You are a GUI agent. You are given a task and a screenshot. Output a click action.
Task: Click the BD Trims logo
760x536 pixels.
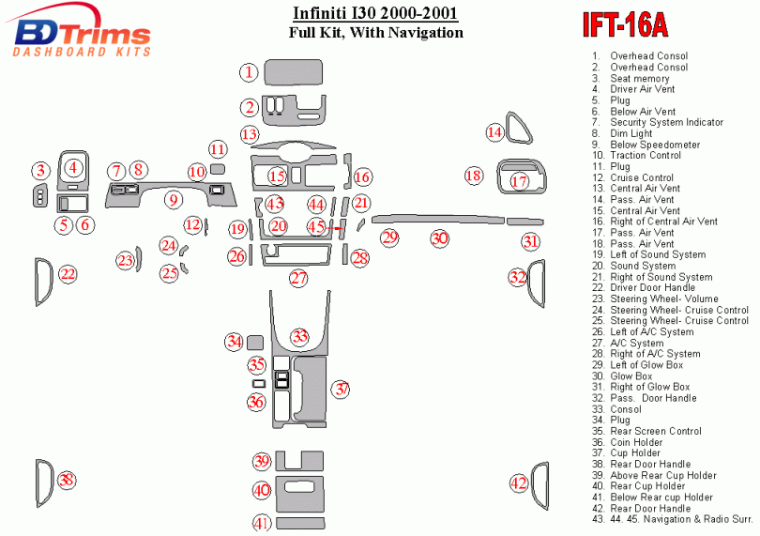(83, 34)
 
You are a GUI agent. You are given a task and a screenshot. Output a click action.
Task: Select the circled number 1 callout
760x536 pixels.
(248, 72)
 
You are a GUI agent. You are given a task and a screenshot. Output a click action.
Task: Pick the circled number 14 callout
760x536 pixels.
(494, 132)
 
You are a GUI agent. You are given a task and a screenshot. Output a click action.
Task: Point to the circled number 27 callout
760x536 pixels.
(298, 278)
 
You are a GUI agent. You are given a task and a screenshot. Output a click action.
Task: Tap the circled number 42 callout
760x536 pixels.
(519, 483)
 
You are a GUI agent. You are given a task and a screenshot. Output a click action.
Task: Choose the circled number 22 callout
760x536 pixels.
(68, 274)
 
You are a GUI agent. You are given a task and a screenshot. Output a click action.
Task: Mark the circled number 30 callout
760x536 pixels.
(439, 238)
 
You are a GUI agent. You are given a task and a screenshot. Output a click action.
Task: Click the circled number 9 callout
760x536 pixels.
(173, 199)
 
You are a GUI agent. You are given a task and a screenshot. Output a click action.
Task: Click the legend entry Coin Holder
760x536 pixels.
(637, 442)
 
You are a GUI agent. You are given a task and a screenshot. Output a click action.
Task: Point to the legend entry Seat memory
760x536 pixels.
(640, 79)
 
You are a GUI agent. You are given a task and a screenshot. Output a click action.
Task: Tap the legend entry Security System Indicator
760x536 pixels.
(666, 122)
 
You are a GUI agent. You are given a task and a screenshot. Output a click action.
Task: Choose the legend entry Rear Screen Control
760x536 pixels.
(655, 431)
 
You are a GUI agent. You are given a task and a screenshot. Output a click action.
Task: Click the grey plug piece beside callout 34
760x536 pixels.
(254, 341)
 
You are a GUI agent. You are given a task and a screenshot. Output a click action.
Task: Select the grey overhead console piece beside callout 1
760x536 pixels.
(294, 72)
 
